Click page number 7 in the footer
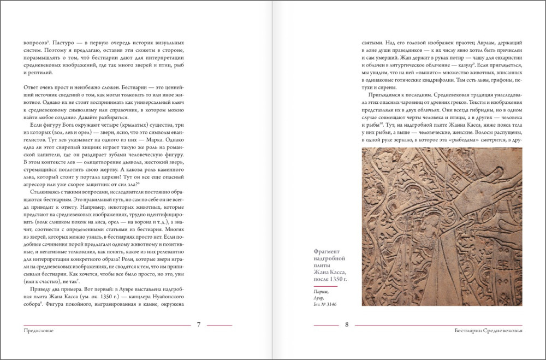coord(199,324)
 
